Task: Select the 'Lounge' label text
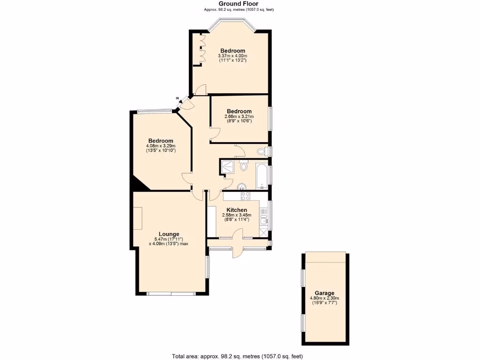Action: [169, 234]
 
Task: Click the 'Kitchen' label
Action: [237, 210]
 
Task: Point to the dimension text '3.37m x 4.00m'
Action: [232, 56]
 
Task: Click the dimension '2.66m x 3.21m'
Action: [239, 116]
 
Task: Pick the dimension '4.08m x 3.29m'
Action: [161, 146]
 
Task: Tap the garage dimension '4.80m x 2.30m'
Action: [325, 298]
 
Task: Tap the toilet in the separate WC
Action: [266, 151]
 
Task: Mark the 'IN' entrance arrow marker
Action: [178, 98]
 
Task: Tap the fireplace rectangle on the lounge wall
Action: [137, 217]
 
